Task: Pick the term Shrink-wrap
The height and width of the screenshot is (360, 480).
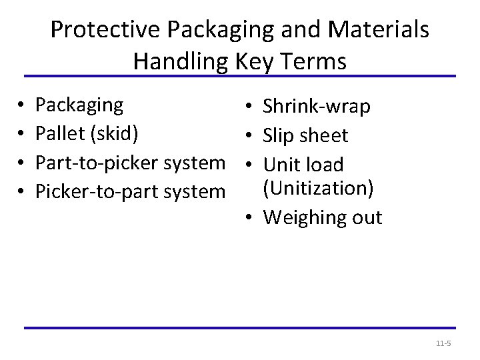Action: tap(317, 107)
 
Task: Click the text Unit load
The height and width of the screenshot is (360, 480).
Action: tap(303, 164)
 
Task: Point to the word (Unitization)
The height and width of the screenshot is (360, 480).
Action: tap(317, 189)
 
